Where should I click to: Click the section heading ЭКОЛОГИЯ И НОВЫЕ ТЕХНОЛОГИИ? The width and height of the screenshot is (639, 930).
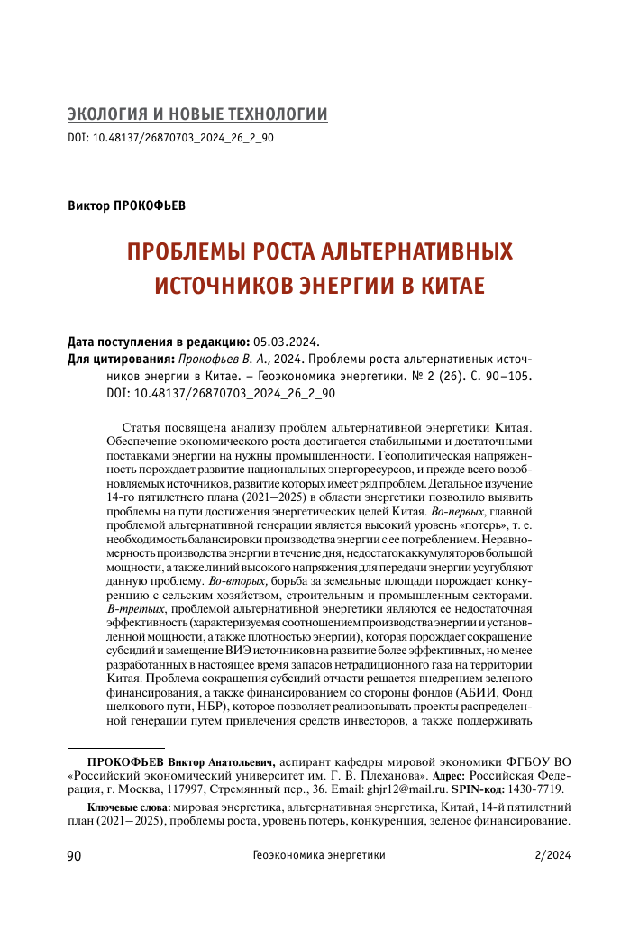pyautogui.click(x=197, y=114)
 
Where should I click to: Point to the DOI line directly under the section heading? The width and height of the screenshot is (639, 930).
pyautogui.click(x=170, y=139)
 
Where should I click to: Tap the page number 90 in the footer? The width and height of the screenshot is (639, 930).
pyautogui.click(x=76, y=857)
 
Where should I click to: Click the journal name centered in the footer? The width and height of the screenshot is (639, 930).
pyautogui.click(x=319, y=857)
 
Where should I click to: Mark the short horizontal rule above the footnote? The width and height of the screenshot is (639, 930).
pyautogui.click(x=116, y=748)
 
